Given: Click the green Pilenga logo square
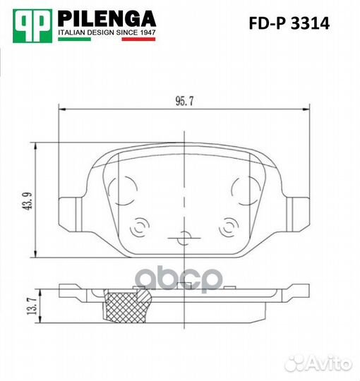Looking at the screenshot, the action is pos(32,26).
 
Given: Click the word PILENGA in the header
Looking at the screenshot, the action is pos(107,19).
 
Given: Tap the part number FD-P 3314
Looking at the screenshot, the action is pos(289,23).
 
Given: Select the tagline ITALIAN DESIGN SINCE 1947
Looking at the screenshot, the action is pos(107,32).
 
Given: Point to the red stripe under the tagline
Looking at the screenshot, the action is pos(138,39).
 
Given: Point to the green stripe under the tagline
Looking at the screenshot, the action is pos(74,39).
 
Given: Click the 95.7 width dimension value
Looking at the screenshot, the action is pos(184,102).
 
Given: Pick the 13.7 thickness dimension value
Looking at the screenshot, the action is pos(32,306).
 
